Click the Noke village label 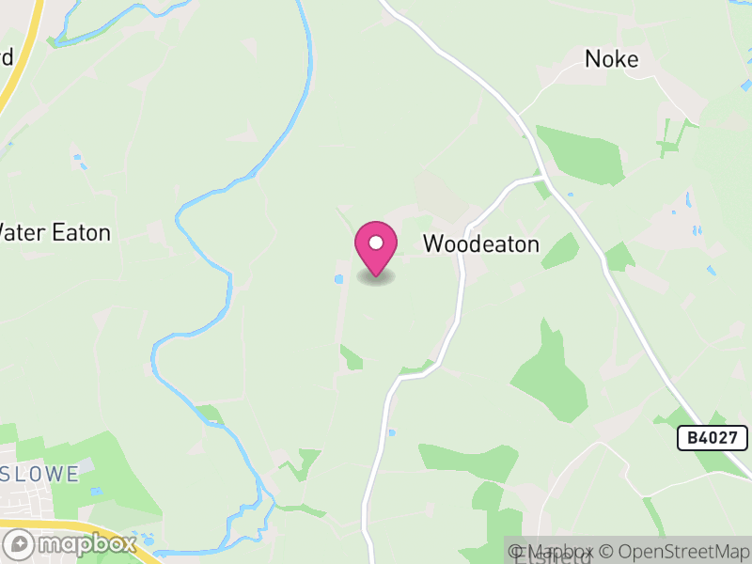coord(612,59)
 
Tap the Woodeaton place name coord(480,244)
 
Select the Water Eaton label coord(55,232)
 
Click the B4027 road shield coord(712,437)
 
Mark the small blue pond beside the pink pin coord(338,279)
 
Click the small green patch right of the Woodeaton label coord(560,252)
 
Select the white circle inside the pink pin coord(376,243)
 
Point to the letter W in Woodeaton coord(433,244)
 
